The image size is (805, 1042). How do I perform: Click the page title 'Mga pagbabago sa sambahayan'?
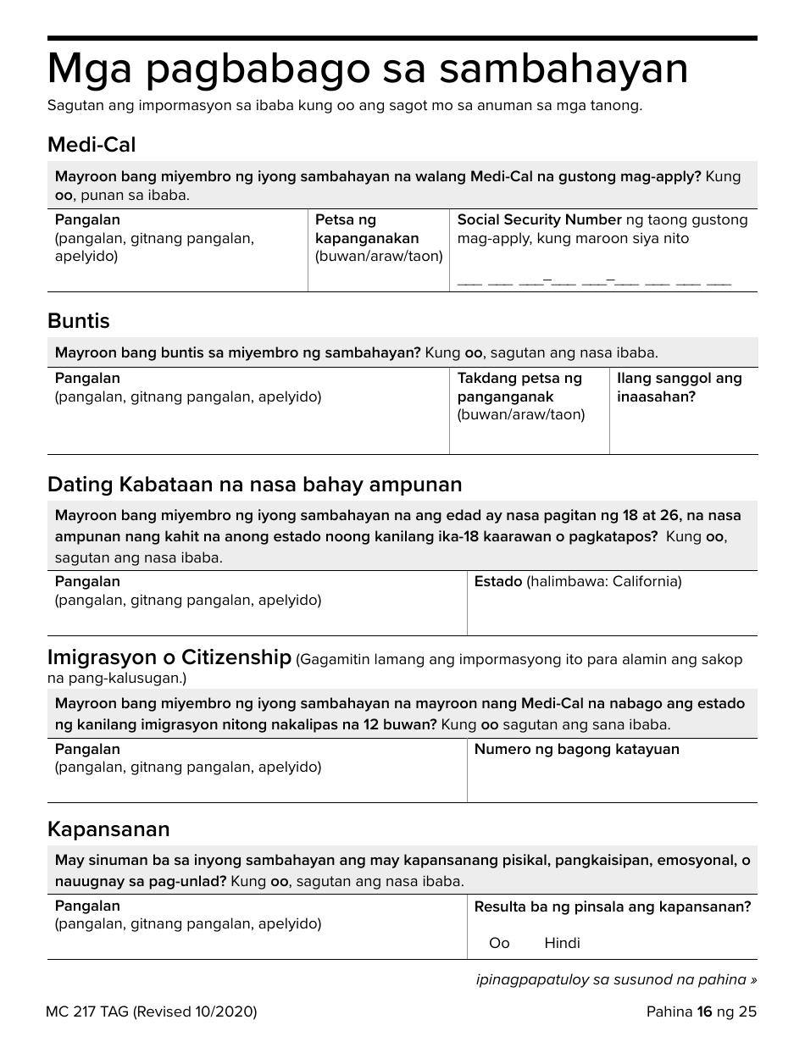367,69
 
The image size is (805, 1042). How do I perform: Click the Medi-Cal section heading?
92,145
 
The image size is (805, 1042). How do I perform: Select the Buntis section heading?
79,321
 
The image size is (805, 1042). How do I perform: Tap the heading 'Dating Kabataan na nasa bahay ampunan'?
254,485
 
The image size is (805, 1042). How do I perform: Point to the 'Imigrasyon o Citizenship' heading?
169,658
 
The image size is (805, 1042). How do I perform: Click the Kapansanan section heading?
108,829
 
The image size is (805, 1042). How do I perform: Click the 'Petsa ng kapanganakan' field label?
367,230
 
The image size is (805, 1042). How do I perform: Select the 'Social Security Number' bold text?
539,220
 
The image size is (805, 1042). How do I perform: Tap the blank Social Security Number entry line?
594,281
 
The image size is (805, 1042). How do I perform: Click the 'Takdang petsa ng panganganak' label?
519,387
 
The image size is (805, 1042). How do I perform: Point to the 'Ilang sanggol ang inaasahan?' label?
679,387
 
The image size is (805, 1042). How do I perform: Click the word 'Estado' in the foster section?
497,582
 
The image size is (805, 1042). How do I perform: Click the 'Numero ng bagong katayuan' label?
576,750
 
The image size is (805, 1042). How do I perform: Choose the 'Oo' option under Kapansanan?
499,943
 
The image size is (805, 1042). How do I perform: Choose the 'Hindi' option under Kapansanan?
562,943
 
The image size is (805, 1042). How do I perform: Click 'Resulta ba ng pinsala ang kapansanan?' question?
612,906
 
